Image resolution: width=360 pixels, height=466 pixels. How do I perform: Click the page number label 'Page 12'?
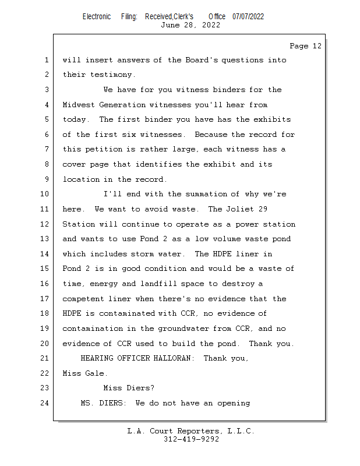point(305,46)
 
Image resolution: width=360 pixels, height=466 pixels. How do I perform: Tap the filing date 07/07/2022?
point(248,16)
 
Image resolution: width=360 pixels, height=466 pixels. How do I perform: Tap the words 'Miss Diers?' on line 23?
point(128,388)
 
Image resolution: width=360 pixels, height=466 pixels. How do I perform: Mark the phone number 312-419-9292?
point(191,439)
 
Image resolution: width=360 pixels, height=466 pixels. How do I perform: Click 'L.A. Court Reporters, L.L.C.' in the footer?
point(191,431)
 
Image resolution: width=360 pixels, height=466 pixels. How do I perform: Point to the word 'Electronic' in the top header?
point(97,16)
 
